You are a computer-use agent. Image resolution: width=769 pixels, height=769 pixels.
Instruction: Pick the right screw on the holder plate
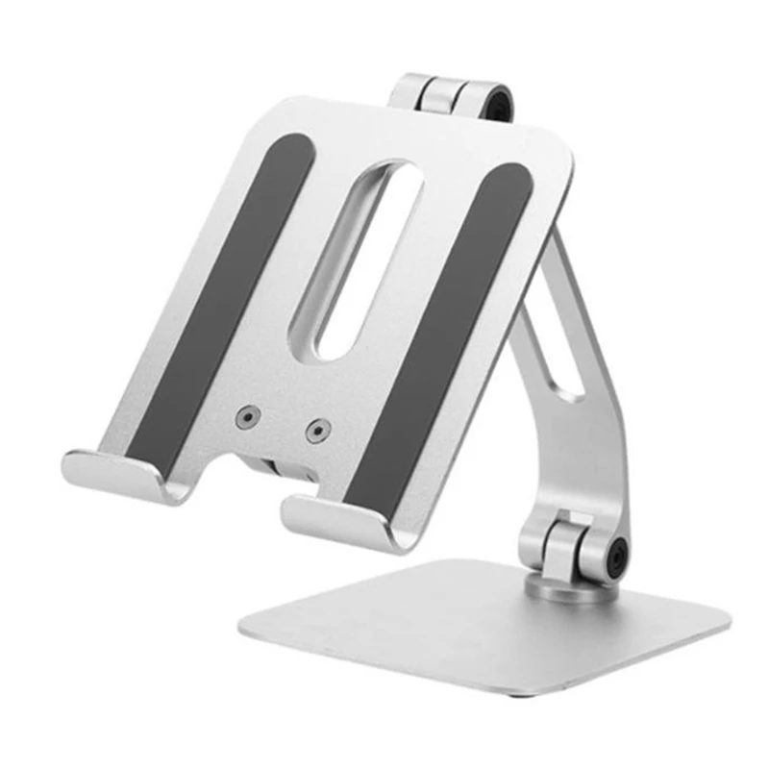click(x=314, y=430)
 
